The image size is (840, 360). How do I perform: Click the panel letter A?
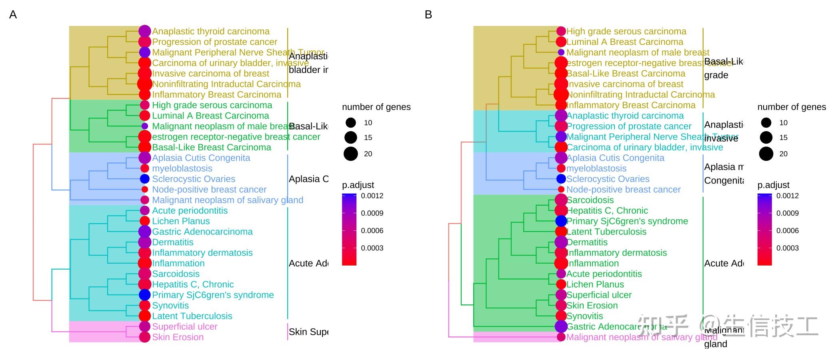tap(13, 15)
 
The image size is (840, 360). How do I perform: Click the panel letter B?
tap(428, 15)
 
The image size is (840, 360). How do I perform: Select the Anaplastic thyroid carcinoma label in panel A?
tap(211, 31)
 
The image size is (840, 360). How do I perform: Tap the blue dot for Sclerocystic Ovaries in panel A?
tap(145, 179)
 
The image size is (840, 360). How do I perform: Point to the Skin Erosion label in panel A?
tap(178, 337)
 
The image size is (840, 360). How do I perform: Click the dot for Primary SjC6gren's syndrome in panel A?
tap(145, 295)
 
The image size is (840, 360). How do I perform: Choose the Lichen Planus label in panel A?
tap(181, 221)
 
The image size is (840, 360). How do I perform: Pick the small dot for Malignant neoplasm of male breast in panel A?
tap(145, 126)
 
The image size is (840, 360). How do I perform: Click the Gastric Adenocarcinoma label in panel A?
tap(202, 232)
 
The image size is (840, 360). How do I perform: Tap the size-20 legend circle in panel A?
tap(351, 154)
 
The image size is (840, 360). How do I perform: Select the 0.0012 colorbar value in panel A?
tap(372, 196)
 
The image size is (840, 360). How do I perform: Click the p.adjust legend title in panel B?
tap(773, 185)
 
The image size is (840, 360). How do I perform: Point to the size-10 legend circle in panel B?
tap(766, 123)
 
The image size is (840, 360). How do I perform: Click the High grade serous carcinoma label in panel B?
tap(626, 31)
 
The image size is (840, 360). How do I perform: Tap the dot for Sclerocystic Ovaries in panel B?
tap(561, 179)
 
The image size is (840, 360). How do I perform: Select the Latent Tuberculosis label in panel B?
tap(606, 232)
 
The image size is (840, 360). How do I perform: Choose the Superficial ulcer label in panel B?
tap(599, 295)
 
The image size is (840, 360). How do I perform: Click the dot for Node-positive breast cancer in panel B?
tap(561, 189)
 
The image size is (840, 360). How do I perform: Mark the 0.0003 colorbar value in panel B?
tap(787, 248)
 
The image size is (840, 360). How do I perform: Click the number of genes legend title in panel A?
tap(376, 107)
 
